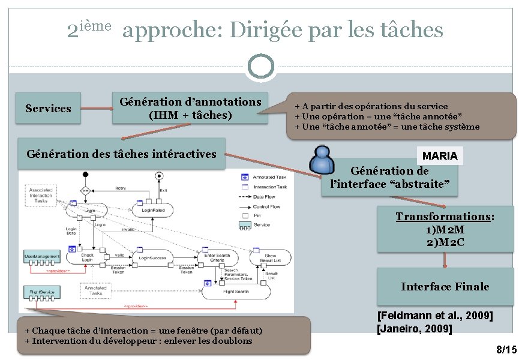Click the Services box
[x=48, y=109]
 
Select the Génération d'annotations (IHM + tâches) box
[x=190, y=108]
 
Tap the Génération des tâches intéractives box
[x=121, y=154]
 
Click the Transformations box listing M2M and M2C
[x=445, y=230]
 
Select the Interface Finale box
[x=445, y=287]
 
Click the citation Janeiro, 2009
[x=414, y=329]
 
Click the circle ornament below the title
[x=261, y=67]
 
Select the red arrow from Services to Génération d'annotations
[x=96, y=109]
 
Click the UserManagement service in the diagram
[x=41, y=257]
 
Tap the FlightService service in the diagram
[x=41, y=292]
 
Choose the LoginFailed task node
[x=154, y=211]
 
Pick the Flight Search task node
[x=235, y=292]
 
